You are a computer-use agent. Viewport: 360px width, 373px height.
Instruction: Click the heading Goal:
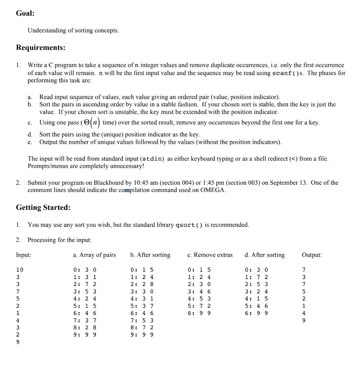tap(25, 13)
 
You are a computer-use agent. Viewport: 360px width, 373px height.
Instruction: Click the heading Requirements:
tap(41, 48)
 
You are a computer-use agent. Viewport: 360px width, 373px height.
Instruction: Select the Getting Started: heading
tap(43, 208)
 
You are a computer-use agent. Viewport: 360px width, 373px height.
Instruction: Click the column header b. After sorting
tap(150, 255)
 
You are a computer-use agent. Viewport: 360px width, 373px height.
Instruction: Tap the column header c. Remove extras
tap(210, 255)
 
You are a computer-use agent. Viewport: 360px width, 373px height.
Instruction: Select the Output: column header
tap(312, 255)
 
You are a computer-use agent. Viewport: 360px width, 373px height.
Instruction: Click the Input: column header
tap(24, 255)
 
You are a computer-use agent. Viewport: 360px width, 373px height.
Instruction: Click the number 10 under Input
tap(20, 270)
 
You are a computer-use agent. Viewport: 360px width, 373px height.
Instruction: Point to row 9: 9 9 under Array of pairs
tap(85, 334)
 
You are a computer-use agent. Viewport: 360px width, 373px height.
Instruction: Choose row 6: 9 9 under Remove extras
tap(199, 313)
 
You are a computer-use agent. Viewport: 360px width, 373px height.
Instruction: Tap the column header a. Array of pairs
tap(94, 255)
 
